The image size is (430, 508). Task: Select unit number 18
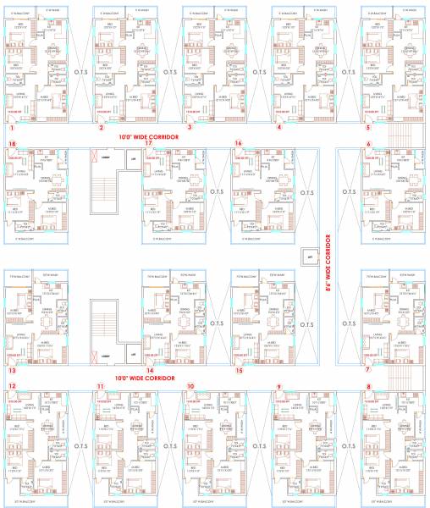click(12, 144)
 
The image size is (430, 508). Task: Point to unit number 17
click(148, 144)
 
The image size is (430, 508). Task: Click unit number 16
click(239, 144)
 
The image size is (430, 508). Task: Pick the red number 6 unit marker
click(368, 144)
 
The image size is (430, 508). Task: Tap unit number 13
click(12, 370)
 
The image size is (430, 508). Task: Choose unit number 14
click(149, 370)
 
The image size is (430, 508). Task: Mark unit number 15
click(240, 370)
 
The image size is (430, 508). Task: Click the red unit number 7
click(368, 370)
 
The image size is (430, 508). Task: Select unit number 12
click(12, 386)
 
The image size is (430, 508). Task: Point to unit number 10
click(190, 386)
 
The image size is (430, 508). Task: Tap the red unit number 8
click(368, 386)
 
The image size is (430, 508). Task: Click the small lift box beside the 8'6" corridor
click(311, 254)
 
